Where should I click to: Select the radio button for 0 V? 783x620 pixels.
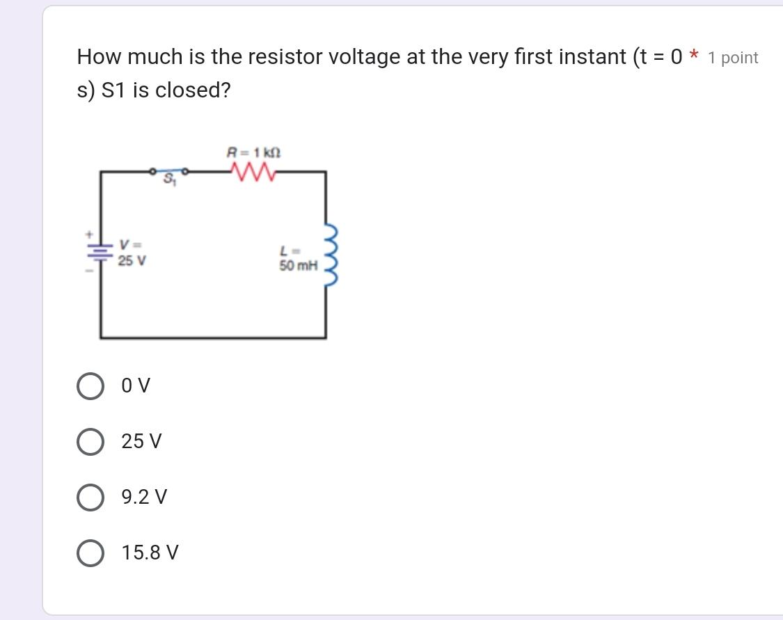pos(90,386)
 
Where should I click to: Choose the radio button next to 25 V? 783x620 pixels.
pos(90,442)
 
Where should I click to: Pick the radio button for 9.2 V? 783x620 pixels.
pos(90,498)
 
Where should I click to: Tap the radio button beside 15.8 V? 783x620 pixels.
pos(90,553)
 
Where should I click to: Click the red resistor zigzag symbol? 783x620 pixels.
pos(252,171)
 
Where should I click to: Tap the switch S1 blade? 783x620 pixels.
pos(169,169)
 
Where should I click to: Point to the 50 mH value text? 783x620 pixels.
pos(298,265)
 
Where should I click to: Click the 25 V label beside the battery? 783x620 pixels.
pos(132,261)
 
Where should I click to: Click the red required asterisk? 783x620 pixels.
pos(693,56)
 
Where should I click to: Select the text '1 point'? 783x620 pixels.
pos(733,58)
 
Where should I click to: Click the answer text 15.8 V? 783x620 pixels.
pos(150,553)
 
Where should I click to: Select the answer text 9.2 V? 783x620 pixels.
pos(144,498)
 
